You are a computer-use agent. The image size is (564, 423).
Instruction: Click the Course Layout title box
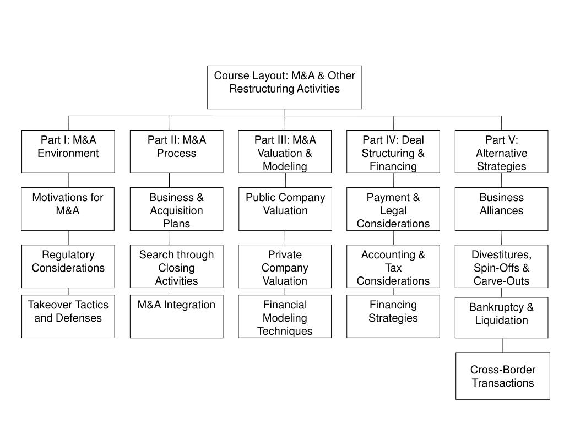pyautogui.click(x=285, y=87)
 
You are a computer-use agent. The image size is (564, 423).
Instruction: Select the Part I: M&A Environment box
pyautogui.click(x=68, y=151)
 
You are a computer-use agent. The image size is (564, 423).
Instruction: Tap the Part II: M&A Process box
pyautogui.click(x=176, y=151)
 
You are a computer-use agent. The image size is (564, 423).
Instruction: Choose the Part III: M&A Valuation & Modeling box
pyautogui.click(x=285, y=151)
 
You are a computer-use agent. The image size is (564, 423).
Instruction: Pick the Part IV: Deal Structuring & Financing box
pyautogui.click(x=393, y=151)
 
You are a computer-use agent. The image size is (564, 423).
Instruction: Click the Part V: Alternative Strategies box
pyautogui.click(x=501, y=151)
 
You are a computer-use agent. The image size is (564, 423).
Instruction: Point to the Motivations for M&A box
pyautogui.click(x=68, y=209)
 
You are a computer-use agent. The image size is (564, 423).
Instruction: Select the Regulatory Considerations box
pyautogui.click(x=68, y=266)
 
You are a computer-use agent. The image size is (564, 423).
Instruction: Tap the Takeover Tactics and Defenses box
pyautogui.click(x=68, y=316)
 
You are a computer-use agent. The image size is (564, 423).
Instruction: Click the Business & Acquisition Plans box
pyautogui.click(x=176, y=209)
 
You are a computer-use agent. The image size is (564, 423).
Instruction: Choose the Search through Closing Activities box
pyautogui.click(x=176, y=266)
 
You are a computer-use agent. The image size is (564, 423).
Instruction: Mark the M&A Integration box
pyautogui.click(x=176, y=316)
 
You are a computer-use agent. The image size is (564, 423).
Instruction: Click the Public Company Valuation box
pyautogui.click(x=285, y=209)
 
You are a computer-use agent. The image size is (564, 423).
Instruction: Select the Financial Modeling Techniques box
pyautogui.click(x=285, y=316)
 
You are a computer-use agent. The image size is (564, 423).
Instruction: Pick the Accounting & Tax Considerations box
pyautogui.click(x=393, y=266)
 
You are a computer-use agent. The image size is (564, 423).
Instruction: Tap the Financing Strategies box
pyautogui.click(x=393, y=316)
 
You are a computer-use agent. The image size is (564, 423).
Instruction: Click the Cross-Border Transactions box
pyautogui.click(x=502, y=376)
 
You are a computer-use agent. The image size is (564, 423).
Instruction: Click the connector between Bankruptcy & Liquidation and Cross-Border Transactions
pyautogui.click(x=502, y=345)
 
